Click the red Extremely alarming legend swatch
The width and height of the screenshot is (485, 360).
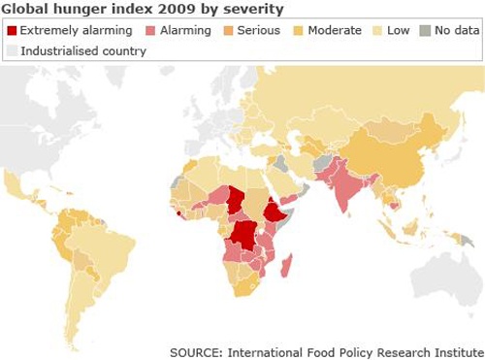pos(12,31)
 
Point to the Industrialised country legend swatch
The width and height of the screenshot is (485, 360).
pos(12,50)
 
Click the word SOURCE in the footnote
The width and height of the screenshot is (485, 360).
pos(197,350)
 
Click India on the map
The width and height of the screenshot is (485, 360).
pos(347,195)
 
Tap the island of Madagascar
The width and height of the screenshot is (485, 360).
pos(289,269)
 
